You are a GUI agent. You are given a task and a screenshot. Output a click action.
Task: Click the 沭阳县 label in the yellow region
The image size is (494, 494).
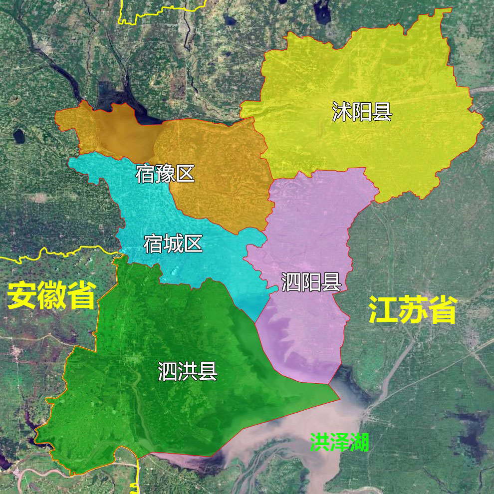362,112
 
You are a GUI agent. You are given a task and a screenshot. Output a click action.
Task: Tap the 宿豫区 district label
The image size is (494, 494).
165,174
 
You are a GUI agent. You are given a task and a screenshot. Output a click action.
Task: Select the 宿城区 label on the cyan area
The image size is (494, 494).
173,244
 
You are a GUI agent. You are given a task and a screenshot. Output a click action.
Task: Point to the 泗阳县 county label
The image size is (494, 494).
311,282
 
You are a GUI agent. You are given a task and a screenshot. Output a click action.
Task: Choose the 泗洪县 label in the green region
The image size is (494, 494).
188,371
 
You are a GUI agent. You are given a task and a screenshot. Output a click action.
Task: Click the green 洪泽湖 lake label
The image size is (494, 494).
339,442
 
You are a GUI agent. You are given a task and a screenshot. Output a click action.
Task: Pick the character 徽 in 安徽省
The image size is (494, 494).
51,295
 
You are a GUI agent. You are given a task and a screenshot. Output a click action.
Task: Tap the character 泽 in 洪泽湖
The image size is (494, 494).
339,442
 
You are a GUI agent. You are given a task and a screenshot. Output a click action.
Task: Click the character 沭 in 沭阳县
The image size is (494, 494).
342,112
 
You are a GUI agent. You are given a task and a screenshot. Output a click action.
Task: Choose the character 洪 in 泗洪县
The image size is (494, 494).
188,371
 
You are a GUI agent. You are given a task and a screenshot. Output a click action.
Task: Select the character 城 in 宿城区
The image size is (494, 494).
173,244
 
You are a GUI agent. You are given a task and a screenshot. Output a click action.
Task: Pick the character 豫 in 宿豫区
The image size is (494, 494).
165,174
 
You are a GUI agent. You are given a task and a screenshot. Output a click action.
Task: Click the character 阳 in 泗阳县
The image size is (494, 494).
311,282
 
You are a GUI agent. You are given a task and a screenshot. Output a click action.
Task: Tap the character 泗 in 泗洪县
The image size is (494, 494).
167,371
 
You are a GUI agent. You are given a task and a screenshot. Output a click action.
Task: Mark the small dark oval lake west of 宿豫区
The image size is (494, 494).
19,135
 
